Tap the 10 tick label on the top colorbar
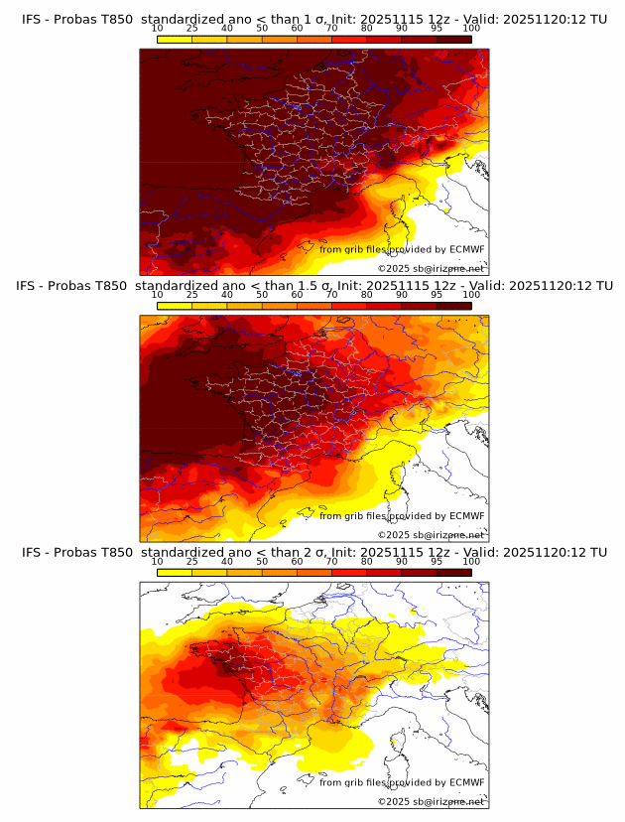(x=157, y=28)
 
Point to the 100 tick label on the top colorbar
(x=471, y=28)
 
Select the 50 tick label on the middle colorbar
(x=262, y=295)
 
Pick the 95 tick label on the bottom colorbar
(x=437, y=561)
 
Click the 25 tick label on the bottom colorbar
(x=191, y=561)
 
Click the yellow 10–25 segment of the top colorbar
(x=175, y=39)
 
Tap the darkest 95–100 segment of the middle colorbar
(x=454, y=306)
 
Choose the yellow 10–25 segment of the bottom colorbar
(x=175, y=572)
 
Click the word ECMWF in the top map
(x=466, y=249)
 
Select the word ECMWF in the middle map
(x=466, y=516)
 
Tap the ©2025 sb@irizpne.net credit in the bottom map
(x=431, y=801)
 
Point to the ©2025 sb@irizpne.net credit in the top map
(x=431, y=268)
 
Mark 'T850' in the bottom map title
(x=114, y=552)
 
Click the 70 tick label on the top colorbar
(x=332, y=28)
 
